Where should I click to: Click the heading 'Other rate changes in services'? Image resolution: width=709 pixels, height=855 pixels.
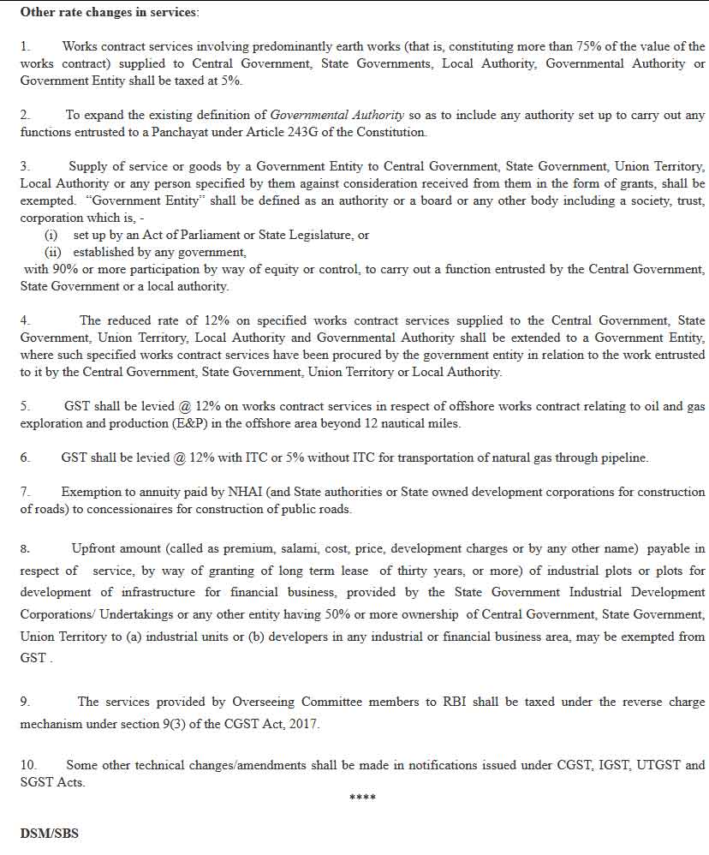(x=109, y=12)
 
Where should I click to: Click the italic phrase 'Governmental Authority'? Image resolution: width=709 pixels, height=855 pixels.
(x=337, y=115)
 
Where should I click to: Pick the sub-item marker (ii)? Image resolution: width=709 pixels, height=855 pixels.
(x=54, y=252)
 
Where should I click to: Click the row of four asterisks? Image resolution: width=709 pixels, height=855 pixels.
(x=362, y=798)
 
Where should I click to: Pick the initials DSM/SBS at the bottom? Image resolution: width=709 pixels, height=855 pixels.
(x=49, y=833)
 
